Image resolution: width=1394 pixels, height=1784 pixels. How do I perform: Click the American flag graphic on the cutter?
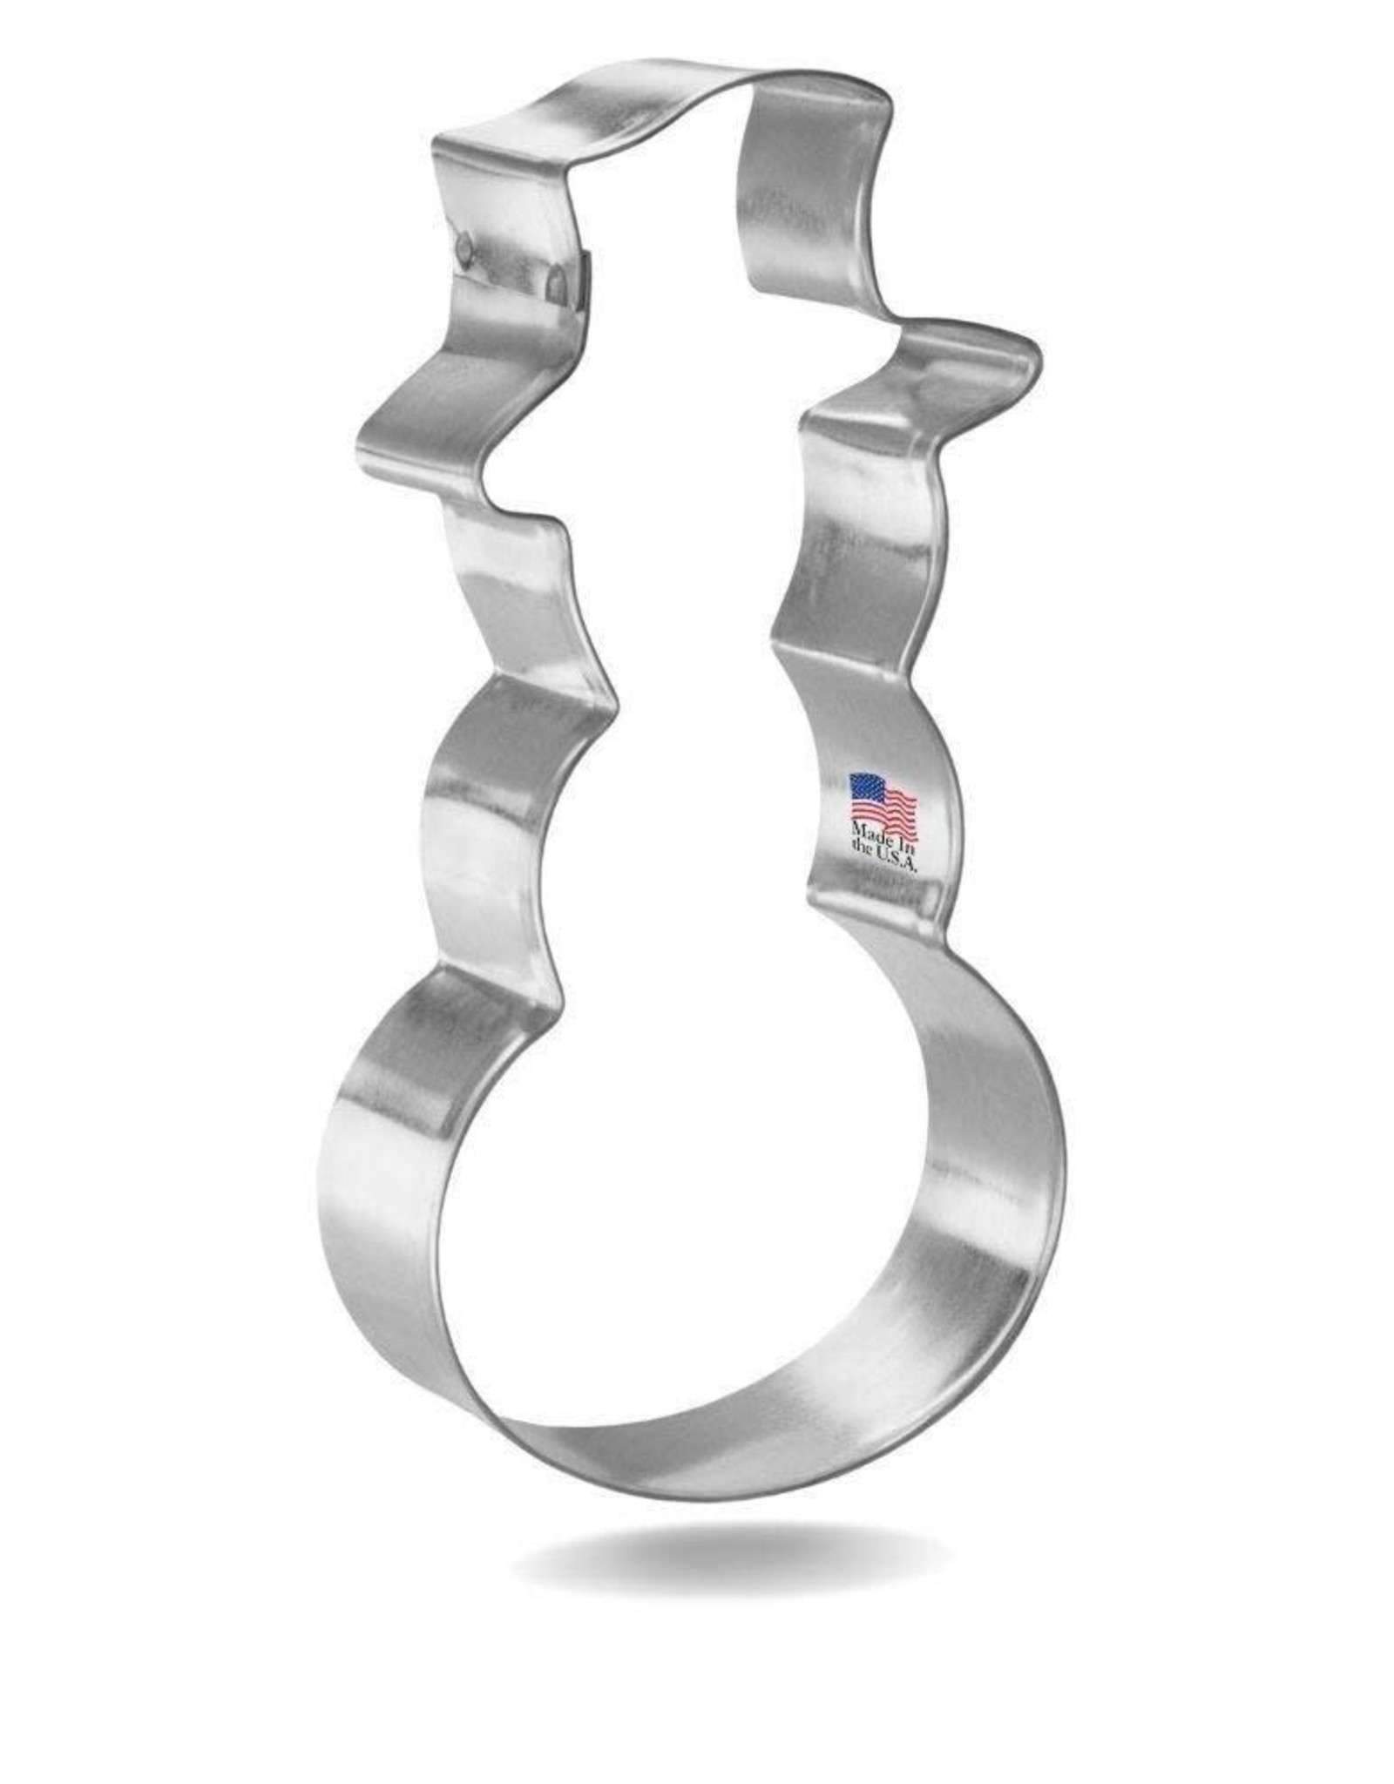883,796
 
